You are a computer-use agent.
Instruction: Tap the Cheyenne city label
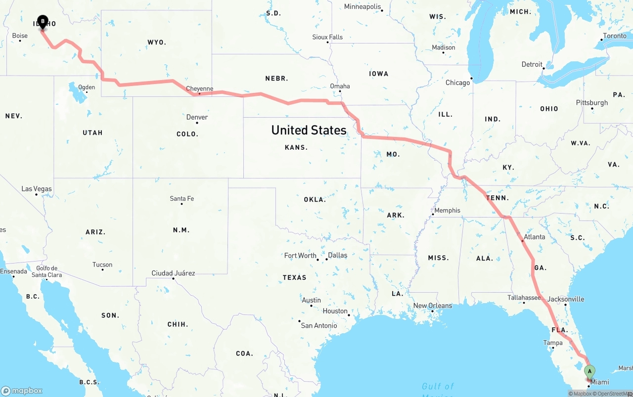point(200,89)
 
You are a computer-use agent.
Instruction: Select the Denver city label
point(197,117)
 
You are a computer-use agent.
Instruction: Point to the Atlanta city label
point(534,237)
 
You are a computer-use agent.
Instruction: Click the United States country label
point(309,130)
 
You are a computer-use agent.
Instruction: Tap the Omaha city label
point(340,86)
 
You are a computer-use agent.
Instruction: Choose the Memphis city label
point(447,210)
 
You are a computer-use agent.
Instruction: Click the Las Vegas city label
point(37,189)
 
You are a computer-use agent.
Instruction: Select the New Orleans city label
point(433,306)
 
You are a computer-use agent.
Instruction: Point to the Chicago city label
point(457,83)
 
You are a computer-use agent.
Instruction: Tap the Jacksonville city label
point(566,299)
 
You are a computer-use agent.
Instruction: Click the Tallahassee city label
point(524,298)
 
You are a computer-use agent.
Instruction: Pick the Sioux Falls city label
point(327,37)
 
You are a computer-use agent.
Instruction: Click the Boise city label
point(20,36)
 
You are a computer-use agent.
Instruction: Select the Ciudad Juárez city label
point(173,273)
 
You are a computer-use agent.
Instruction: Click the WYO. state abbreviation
point(157,43)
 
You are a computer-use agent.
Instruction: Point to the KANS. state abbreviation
point(296,147)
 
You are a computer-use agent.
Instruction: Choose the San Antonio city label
point(319,325)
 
